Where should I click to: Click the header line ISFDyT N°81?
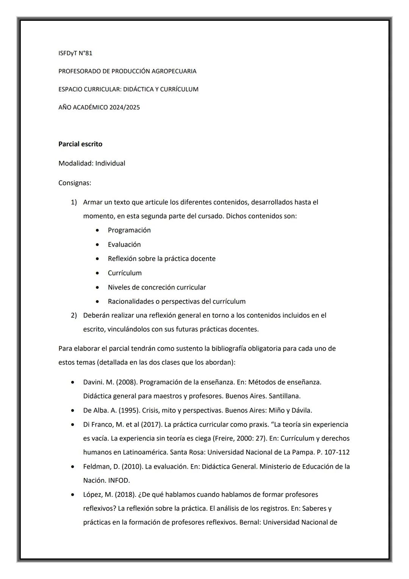pos(75,53)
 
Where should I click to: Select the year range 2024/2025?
pos(125,107)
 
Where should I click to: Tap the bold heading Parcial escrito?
pos(80,144)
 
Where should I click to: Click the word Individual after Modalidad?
pos(110,163)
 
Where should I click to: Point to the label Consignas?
pos(75,183)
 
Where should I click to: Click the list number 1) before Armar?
pos(74,202)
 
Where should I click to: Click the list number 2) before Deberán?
pos(74,315)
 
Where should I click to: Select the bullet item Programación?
pos(129,230)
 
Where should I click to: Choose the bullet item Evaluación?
pos(124,245)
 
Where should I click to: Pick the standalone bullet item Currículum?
pos(125,273)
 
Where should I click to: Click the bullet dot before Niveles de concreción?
pos(98,287)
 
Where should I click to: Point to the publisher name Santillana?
pos(284,396)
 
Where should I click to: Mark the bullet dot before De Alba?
pos(73,411)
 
